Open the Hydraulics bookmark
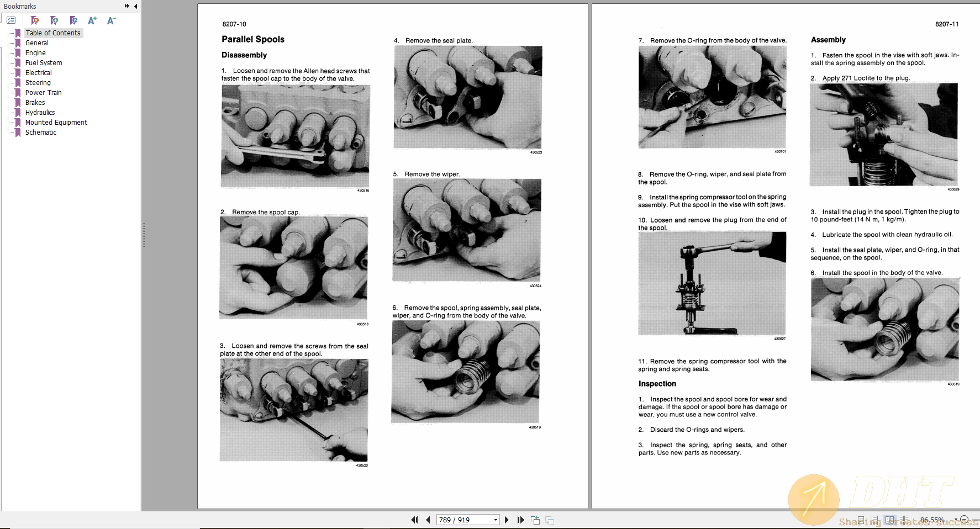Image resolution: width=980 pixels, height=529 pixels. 40,113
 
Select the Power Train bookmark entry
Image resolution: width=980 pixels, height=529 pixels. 43,93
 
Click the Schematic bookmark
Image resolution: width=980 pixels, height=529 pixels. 40,133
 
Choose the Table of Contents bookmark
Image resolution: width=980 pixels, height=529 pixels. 52,33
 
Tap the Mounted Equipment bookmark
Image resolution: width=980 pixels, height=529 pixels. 56,123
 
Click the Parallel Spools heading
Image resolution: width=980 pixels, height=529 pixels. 252,39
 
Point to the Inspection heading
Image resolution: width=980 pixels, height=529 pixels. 657,384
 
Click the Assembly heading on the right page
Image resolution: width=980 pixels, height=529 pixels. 828,40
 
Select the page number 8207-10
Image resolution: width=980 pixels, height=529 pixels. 234,24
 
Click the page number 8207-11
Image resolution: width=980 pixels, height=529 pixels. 946,24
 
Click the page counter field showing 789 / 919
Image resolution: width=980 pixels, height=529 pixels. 464,520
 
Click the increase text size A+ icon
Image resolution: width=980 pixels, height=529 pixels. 92,20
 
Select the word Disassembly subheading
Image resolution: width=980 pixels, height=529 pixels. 244,55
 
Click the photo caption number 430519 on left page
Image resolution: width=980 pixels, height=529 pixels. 534,427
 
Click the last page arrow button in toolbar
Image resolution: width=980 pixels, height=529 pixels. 520,520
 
